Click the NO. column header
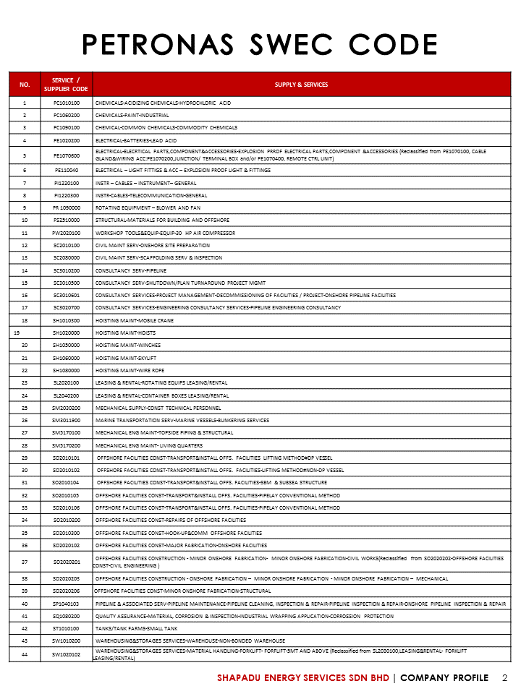(25, 85)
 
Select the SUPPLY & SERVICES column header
(301, 85)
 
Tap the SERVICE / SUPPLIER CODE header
(66, 85)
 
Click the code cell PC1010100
(66, 103)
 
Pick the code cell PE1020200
(66, 140)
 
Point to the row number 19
(18, 333)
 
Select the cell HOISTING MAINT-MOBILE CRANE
(135, 320)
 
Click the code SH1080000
(66, 369)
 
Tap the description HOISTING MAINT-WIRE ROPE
(130, 369)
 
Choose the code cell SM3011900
(66, 420)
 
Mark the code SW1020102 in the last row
(66, 655)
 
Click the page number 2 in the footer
(505, 678)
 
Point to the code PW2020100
(66, 234)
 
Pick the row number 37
(25, 562)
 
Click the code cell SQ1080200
(66, 616)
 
